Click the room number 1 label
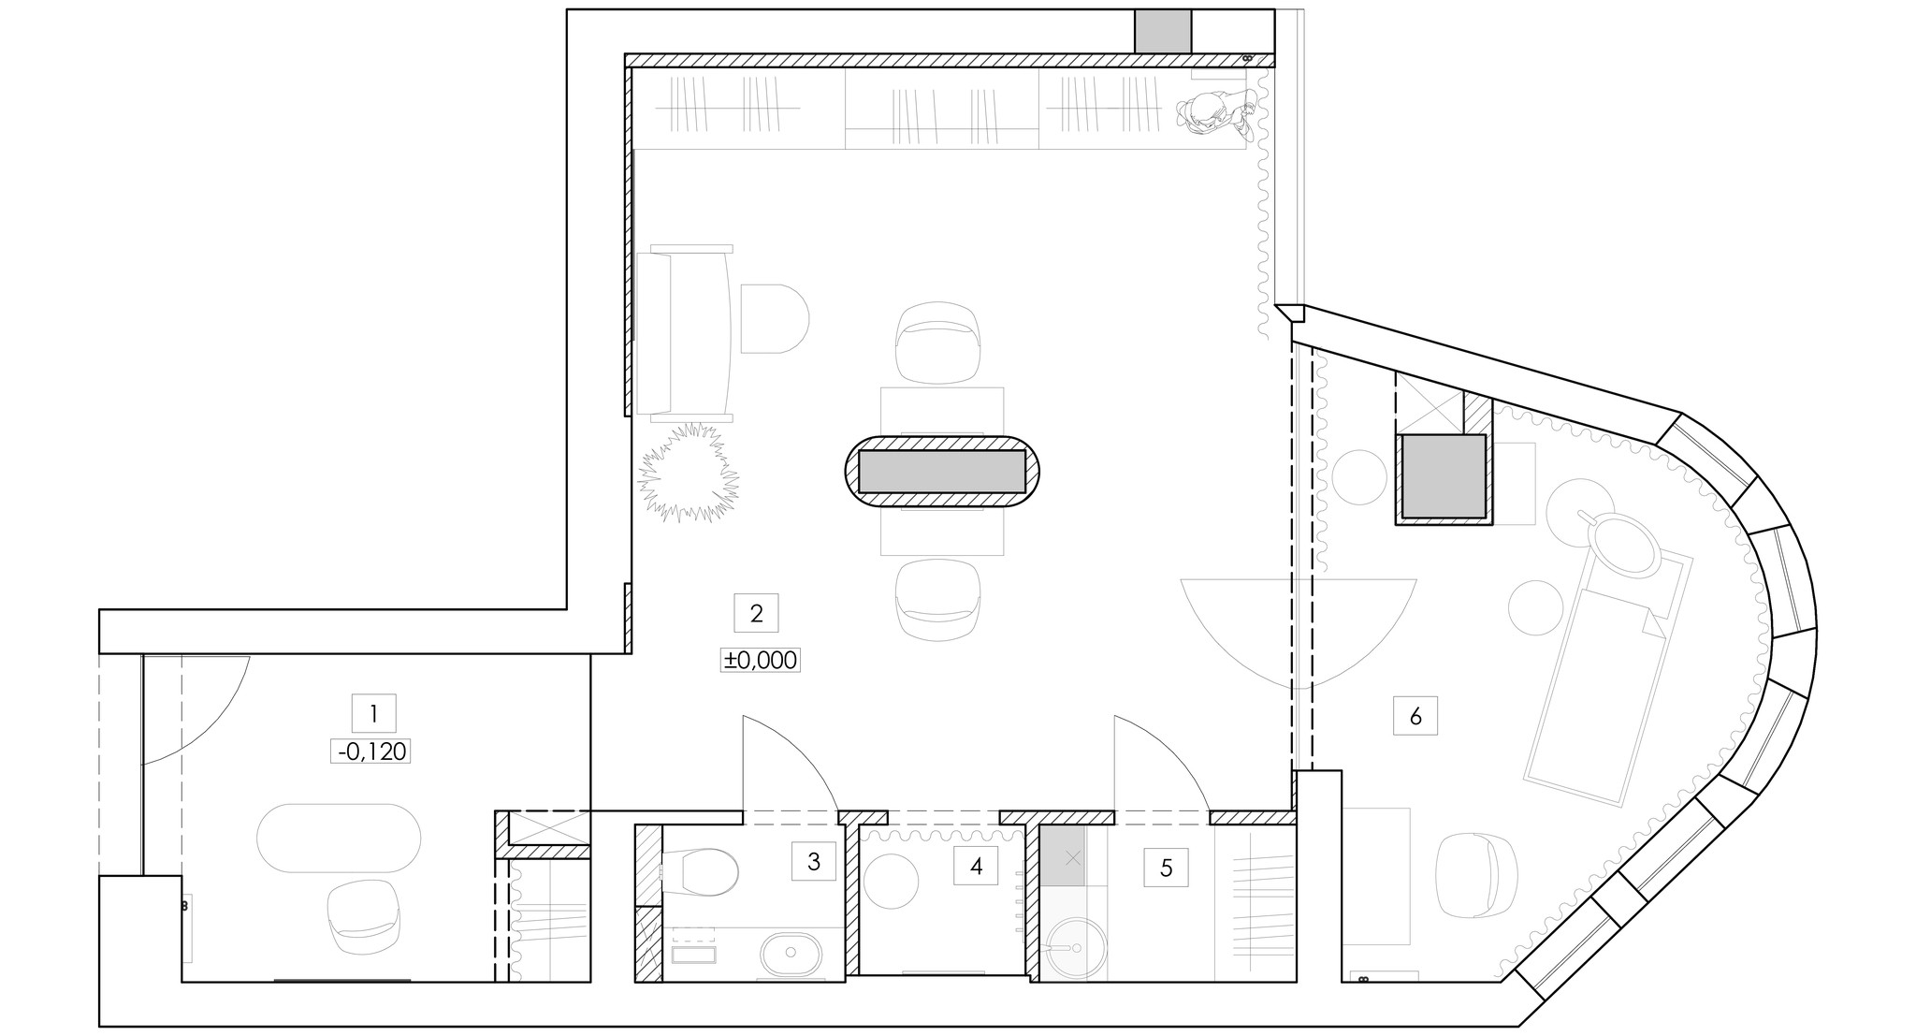(x=373, y=714)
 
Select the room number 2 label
(x=757, y=613)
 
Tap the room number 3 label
(x=813, y=861)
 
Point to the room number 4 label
(x=976, y=867)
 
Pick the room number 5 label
(x=1166, y=868)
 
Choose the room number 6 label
(x=1415, y=716)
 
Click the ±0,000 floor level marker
(x=760, y=660)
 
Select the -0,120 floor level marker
(x=371, y=751)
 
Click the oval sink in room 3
(x=791, y=954)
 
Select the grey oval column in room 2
(x=942, y=472)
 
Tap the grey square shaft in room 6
(x=1442, y=476)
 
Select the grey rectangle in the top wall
(x=1163, y=31)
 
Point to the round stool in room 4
(x=892, y=880)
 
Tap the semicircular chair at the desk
(x=775, y=318)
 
